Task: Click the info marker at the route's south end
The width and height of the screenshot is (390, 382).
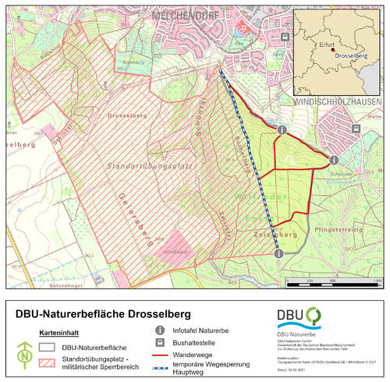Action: point(278,252)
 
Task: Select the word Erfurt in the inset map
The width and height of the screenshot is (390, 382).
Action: point(328,45)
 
